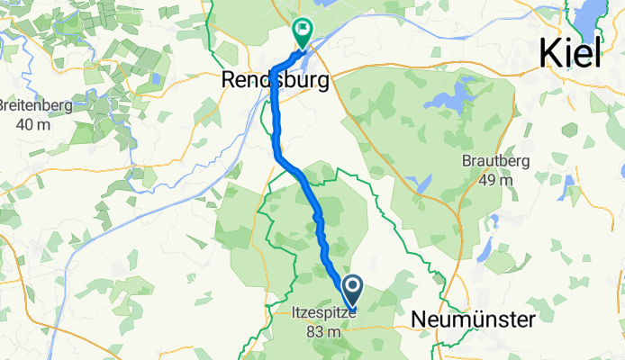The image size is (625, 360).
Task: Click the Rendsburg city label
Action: [275, 81]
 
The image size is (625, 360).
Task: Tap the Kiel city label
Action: [571, 53]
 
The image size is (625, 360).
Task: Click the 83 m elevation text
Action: [324, 332]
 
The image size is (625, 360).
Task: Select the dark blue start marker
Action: [351, 290]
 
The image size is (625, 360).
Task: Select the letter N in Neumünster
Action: [420, 319]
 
